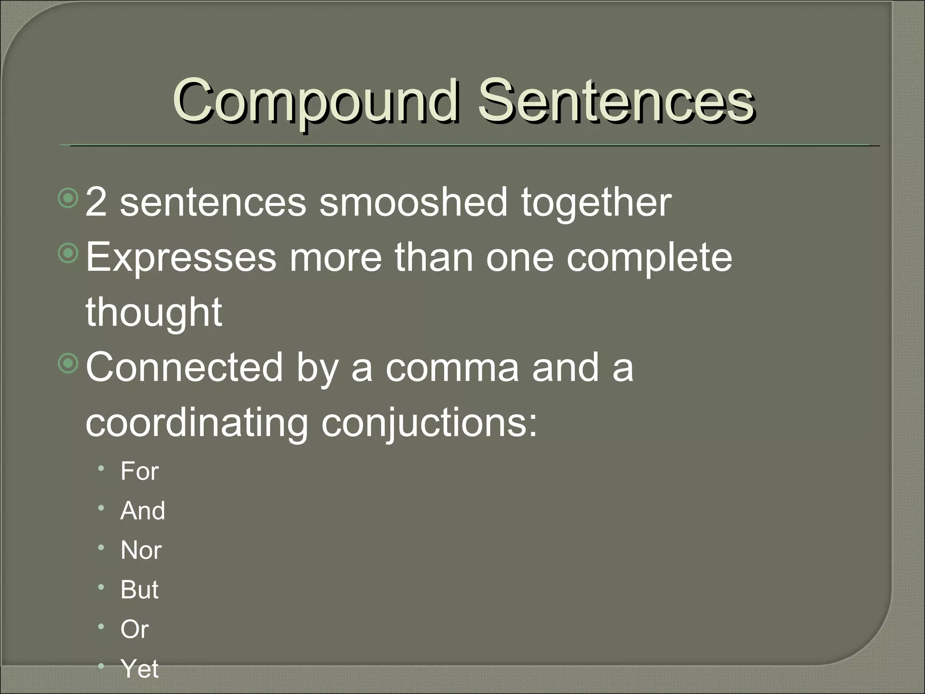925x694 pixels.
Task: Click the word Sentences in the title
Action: click(x=616, y=102)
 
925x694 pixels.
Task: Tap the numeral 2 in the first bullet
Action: click(x=96, y=202)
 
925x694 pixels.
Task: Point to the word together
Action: click(x=596, y=203)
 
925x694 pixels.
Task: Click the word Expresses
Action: click(x=181, y=258)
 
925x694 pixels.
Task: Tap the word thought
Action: click(x=154, y=313)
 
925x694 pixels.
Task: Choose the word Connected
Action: click(x=184, y=367)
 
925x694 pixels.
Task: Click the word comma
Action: click(x=452, y=368)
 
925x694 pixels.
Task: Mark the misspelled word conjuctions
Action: click(x=429, y=424)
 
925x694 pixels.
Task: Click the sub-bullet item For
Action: click(x=139, y=471)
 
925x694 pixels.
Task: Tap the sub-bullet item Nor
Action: click(x=141, y=550)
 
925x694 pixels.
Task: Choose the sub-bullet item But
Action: click(x=139, y=590)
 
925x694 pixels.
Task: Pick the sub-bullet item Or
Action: click(x=134, y=629)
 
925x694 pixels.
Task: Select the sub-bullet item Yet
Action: click(x=139, y=668)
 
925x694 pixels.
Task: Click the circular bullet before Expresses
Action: click(x=69, y=254)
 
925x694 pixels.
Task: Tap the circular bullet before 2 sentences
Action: click(x=69, y=199)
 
